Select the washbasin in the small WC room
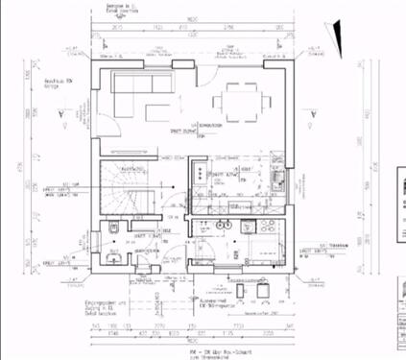[x=112, y=256]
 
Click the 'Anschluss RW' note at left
[x=60, y=84]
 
